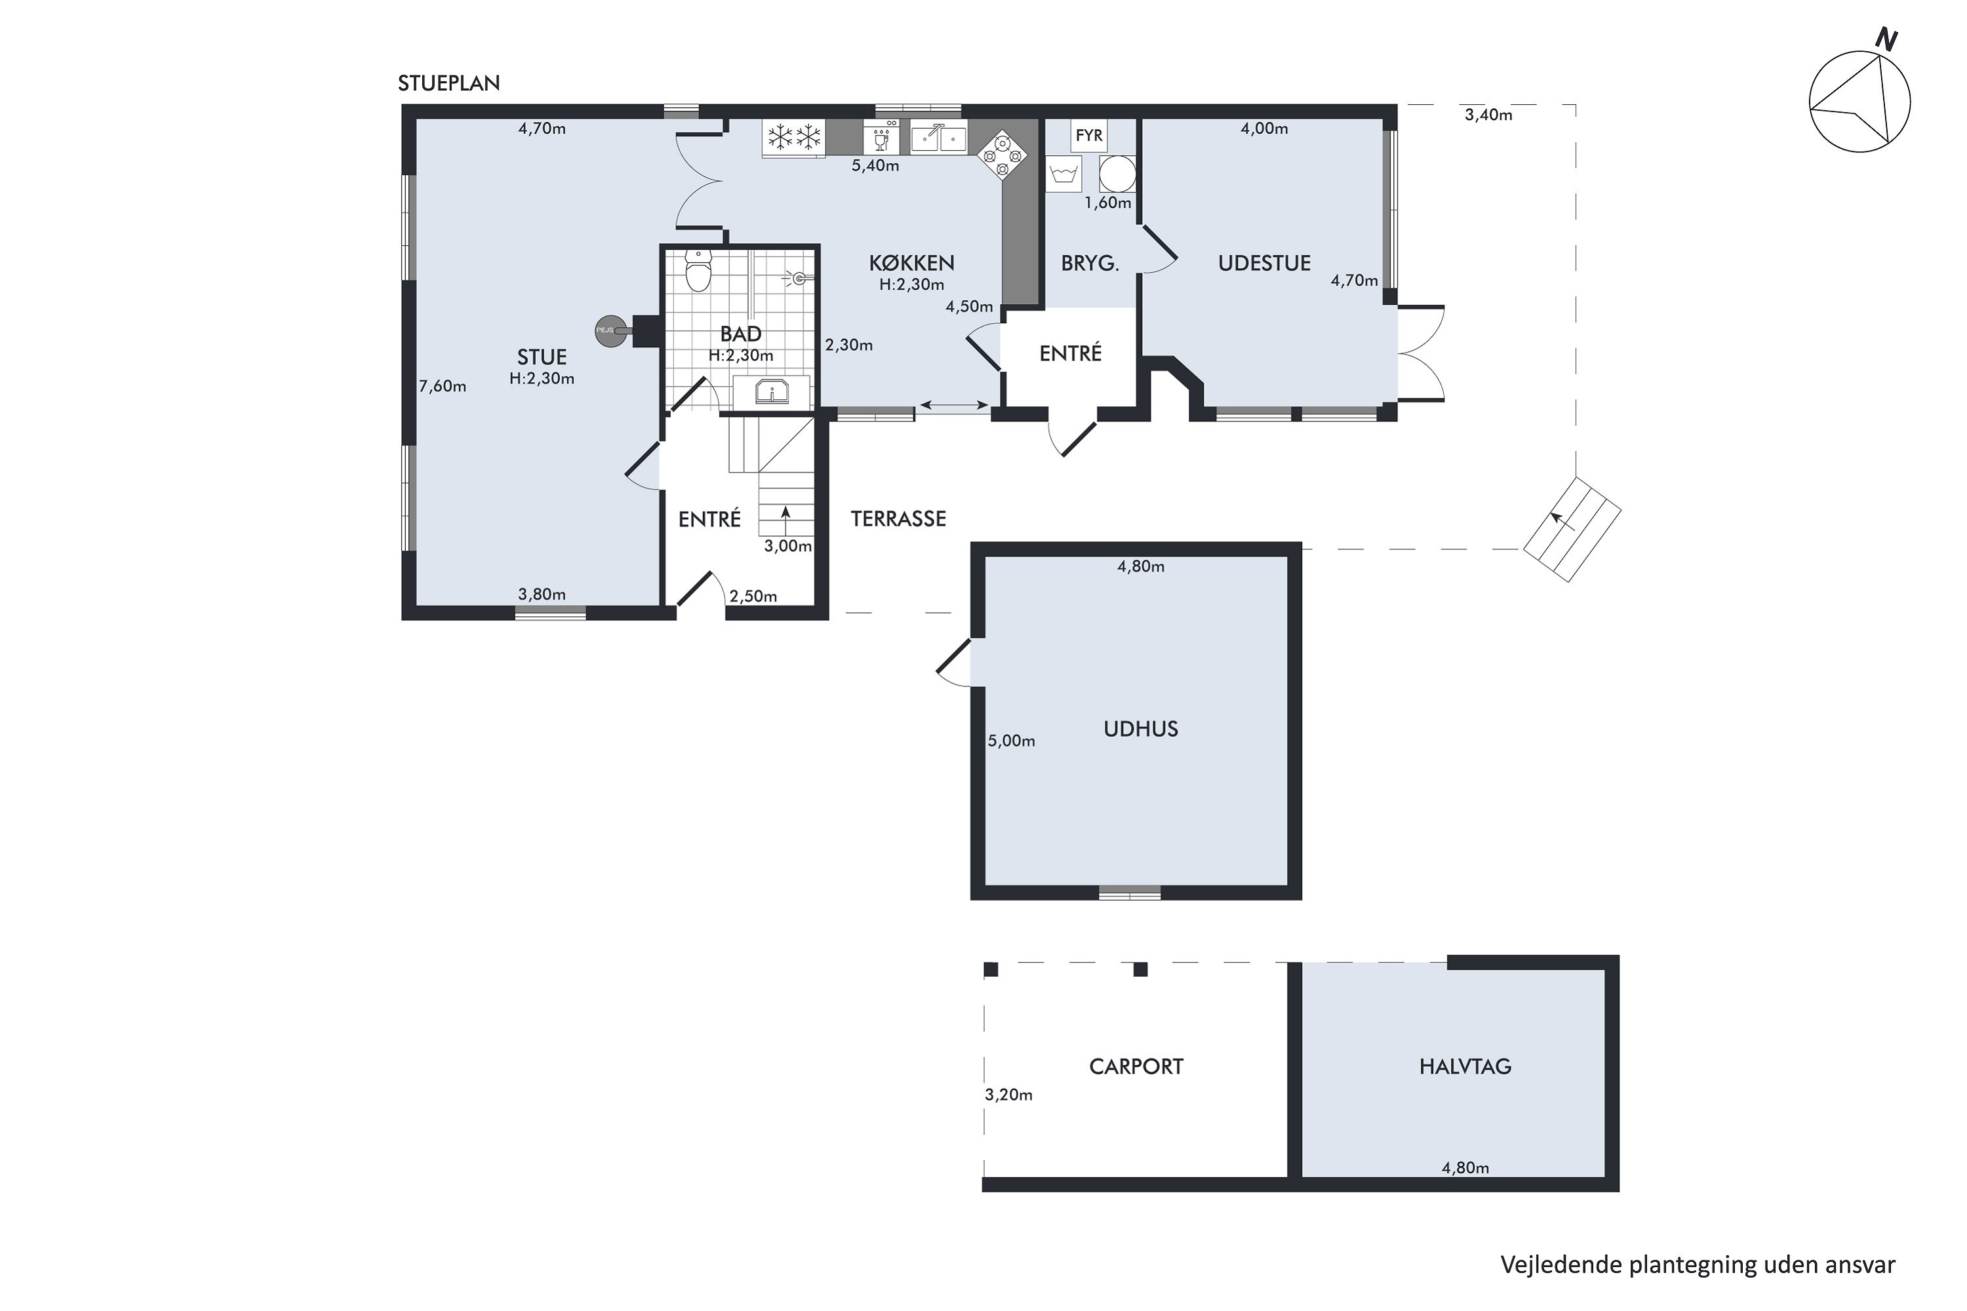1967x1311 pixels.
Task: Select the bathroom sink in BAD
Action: (771, 391)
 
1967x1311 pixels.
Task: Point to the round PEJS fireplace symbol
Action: (610, 330)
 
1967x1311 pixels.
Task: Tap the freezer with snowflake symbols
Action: (793, 137)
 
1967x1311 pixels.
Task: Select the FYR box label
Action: (1089, 136)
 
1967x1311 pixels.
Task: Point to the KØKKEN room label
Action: (911, 264)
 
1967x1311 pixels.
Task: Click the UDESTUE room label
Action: (1263, 264)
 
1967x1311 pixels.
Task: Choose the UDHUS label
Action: (1141, 729)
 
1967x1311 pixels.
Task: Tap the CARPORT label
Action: (1136, 1067)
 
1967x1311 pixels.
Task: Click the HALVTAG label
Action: (1465, 1067)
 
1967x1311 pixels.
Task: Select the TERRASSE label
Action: (898, 519)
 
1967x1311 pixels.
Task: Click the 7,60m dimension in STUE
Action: (443, 386)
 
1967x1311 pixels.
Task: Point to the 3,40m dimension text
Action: (1488, 115)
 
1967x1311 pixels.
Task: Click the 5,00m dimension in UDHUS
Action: (1011, 741)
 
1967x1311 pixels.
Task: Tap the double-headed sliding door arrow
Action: (954, 406)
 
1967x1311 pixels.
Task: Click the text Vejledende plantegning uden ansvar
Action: (1698, 1265)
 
